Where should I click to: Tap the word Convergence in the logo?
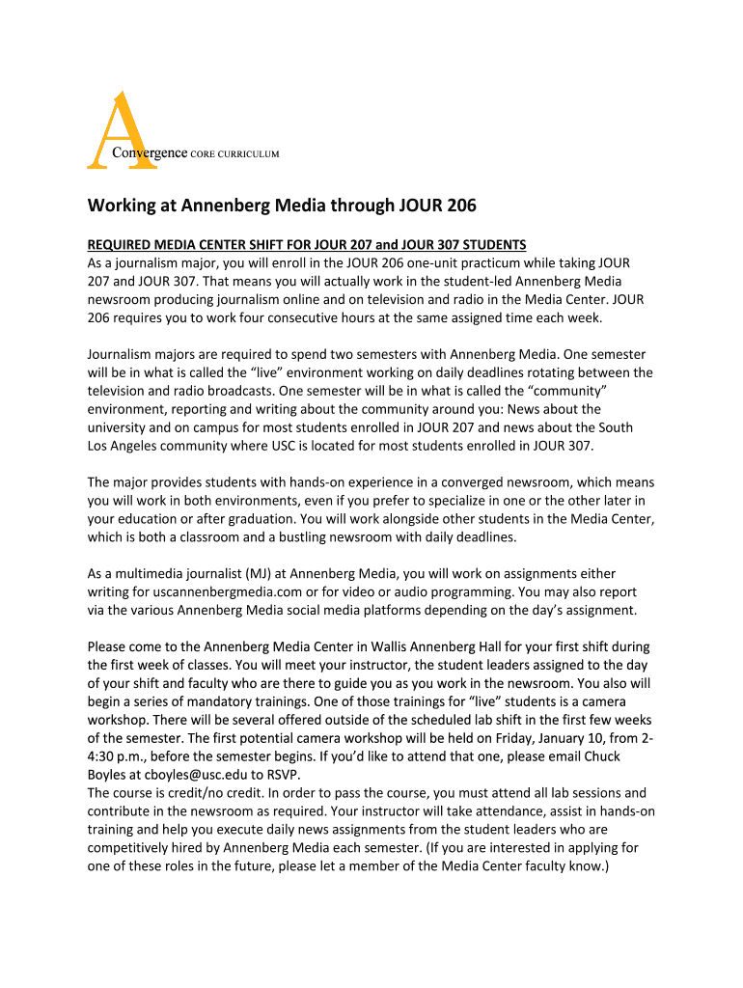150,153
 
